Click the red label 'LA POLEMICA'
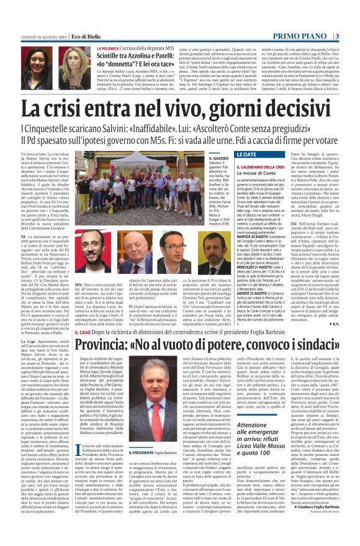coord(107,47)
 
